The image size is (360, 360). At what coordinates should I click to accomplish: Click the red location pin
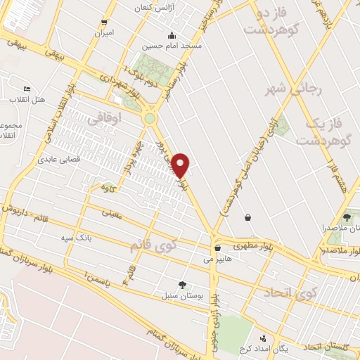point(181,165)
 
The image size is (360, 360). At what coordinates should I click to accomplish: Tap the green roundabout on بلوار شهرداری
point(150,118)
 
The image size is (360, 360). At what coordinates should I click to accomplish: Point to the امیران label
point(104,34)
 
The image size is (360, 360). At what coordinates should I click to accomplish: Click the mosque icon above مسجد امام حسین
point(171,36)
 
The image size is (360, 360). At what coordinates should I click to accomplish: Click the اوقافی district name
point(100,120)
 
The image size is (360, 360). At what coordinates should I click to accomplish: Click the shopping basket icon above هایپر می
point(217,247)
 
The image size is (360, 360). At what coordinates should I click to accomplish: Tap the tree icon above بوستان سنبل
point(183,285)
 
